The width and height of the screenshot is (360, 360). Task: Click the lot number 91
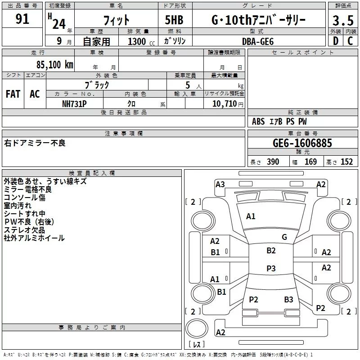coord(22,19)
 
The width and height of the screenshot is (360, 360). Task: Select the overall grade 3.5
coord(343,21)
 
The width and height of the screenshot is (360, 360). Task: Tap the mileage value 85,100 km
coord(54,65)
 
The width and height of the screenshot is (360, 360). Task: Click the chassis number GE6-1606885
coord(302,143)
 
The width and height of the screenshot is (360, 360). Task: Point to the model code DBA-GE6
coord(258,41)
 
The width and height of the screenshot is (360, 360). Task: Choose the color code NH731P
coord(74,104)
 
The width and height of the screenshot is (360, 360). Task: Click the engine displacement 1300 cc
coord(141,41)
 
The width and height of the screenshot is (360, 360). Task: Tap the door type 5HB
coord(174,20)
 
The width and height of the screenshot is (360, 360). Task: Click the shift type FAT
coord(13,94)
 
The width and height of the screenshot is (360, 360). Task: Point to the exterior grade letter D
coord(336,41)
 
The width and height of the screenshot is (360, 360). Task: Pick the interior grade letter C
coord(350,41)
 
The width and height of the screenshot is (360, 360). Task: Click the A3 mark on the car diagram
coord(220,184)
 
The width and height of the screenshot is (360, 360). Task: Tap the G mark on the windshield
coord(284,237)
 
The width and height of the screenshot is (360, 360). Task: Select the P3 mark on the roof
coord(271,268)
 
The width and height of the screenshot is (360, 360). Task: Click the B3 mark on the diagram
coord(288,300)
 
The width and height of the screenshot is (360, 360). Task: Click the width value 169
coord(310,162)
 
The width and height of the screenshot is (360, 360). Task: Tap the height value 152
coord(346,162)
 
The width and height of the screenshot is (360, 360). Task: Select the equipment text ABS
coord(258,121)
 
